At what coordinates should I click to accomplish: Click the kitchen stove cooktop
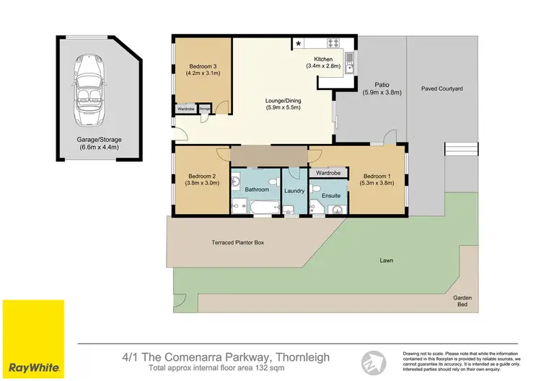(x=334, y=42)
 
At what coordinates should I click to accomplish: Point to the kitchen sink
(x=348, y=62)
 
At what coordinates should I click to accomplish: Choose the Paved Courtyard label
(x=442, y=89)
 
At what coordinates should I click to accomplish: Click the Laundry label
(x=294, y=191)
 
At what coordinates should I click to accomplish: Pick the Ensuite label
(x=330, y=195)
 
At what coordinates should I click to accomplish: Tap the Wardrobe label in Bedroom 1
(x=328, y=173)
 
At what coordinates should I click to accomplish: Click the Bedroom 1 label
(x=377, y=179)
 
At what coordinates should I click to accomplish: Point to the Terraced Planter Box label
(x=237, y=243)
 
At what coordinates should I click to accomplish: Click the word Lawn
(x=387, y=260)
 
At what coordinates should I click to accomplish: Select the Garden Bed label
(x=462, y=300)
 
